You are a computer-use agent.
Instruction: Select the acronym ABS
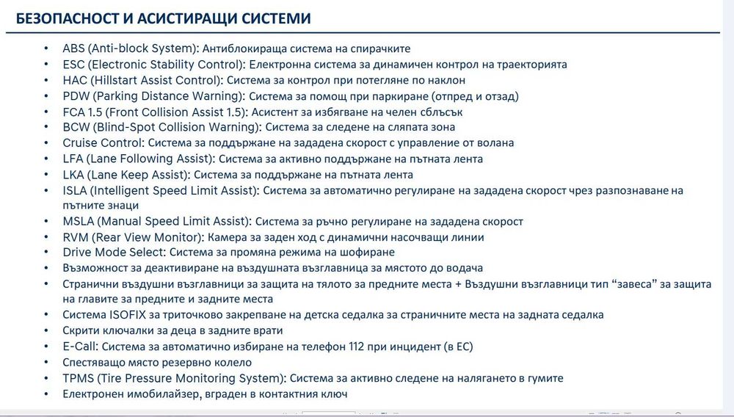click(x=74, y=48)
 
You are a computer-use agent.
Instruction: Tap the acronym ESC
click(x=74, y=65)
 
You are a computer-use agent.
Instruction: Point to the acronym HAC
click(x=75, y=80)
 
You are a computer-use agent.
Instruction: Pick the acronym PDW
click(x=76, y=96)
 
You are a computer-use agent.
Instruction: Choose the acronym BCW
click(x=76, y=128)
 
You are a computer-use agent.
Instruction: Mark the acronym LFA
click(x=73, y=159)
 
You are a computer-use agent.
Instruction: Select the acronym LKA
click(x=73, y=175)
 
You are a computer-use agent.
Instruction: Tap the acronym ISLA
click(x=76, y=191)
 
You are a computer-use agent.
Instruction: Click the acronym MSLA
click(x=78, y=222)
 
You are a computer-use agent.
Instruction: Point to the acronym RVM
click(x=76, y=237)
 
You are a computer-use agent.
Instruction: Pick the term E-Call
click(x=80, y=347)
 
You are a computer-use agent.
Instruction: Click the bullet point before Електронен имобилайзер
click(x=46, y=394)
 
